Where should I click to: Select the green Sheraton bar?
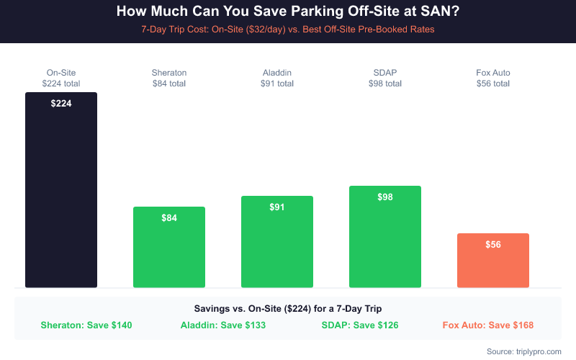point(169,252)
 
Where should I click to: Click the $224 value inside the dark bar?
point(61,103)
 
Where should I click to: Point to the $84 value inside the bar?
point(169,218)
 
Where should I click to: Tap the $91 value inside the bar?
point(277,207)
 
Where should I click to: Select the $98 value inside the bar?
point(385,197)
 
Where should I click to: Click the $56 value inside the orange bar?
point(493,244)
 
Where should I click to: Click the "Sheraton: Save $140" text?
point(86,325)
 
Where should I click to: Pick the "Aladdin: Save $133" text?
point(223,325)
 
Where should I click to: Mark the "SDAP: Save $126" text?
point(359,325)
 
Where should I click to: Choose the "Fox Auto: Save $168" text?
point(488,325)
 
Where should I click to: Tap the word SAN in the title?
point(438,12)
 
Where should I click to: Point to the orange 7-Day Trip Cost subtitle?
point(288,30)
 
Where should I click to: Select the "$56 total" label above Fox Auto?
point(493,84)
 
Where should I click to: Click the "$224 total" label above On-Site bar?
point(61,84)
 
